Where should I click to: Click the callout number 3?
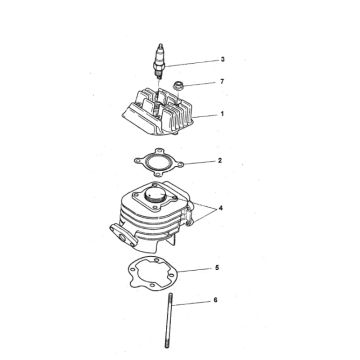tap(222, 60)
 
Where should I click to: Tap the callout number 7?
tap(222, 81)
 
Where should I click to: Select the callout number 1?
tap(222, 114)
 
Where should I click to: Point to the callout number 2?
tap(220, 160)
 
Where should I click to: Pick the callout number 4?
tap(220, 209)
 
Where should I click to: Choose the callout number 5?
tap(217, 268)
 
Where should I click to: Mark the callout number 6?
tap(215, 300)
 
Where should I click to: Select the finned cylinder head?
tap(158, 112)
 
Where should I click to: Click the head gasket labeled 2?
tap(158, 162)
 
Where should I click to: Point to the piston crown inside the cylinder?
tap(155, 193)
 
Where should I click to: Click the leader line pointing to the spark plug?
tap(192, 63)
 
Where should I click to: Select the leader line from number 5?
tap(196, 270)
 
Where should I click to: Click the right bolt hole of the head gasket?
tap(179, 164)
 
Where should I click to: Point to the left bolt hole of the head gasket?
tap(137, 161)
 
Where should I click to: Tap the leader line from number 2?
tap(200, 162)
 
